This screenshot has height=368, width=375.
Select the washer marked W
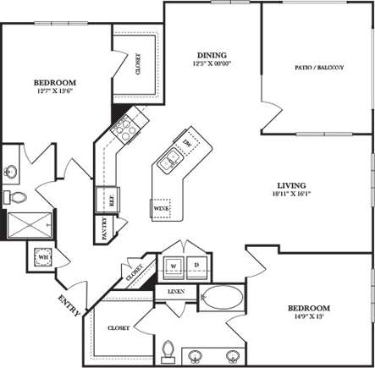tap(174, 266)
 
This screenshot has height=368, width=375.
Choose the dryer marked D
tap(196, 266)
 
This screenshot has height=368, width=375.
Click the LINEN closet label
tap(175, 293)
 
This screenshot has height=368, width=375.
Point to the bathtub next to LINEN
tap(221, 299)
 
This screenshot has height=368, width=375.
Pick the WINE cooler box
tap(160, 206)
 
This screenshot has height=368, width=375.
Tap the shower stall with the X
tap(29, 224)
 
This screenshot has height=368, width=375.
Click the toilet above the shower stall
tap(17, 197)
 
